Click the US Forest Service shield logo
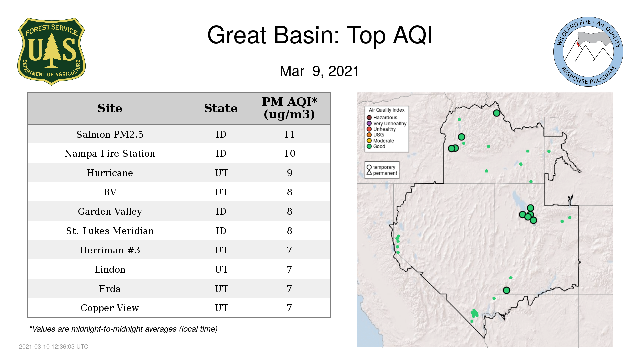(51, 52)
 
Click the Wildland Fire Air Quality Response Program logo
(588, 52)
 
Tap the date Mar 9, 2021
(319, 71)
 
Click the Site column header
(110, 108)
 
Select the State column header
(221, 108)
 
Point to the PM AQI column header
(289, 108)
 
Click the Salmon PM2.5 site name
(110, 134)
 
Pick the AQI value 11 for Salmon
(289, 134)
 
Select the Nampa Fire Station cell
(110, 153)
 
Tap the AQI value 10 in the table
(289, 153)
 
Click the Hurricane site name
(110, 173)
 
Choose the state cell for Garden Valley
(221, 211)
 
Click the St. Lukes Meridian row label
(110, 231)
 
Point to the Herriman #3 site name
(110, 250)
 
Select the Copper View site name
(110, 308)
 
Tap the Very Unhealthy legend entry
(387, 123)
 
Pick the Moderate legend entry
(380, 141)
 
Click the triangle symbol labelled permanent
(369, 173)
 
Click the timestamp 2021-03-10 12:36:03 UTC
(54, 347)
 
